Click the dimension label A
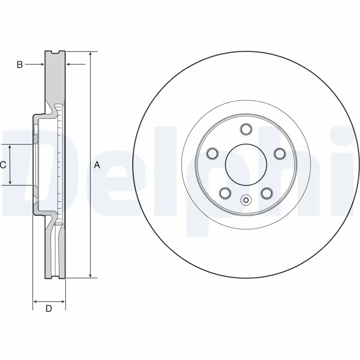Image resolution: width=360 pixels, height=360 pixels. coord(97,165)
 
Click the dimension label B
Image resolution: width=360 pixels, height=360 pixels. coord(19,65)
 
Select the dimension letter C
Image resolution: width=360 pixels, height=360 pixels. coord(3,165)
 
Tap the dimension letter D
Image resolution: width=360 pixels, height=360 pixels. coord(49,309)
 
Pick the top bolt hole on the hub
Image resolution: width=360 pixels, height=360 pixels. coord(246,130)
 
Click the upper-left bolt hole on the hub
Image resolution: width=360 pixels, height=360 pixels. coord(212,154)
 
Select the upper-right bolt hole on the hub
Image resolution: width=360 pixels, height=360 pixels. coord(279,154)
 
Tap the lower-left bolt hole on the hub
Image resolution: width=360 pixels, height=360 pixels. coord(225,193)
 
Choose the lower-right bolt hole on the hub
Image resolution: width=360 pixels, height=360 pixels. coord(267,193)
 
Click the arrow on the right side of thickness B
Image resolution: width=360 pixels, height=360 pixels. coord(70,65)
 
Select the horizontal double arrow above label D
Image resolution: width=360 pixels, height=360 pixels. coord(49,301)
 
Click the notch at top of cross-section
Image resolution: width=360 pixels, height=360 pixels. coord(56,53)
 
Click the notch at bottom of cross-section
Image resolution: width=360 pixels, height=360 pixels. coord(56,276)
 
